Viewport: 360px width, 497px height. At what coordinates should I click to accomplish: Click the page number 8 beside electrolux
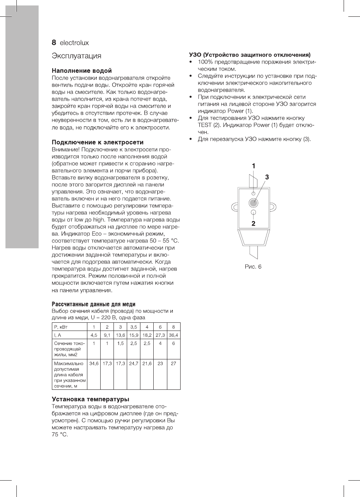pyautogui.click(x=55, y=42)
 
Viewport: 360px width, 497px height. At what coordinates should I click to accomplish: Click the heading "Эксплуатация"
pyautogui.click(x=77, y=56)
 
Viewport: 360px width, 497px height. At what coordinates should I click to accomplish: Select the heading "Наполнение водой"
pyautogui.click(x=82, y=71)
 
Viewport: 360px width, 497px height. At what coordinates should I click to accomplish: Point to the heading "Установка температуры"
pyautogui.click(x=90, y=399)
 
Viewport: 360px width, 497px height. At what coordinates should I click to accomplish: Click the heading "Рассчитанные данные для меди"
pyautogui.click(x=94, y=304)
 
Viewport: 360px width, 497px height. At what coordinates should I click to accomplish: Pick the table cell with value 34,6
pyautogui.click(x=94, y=363)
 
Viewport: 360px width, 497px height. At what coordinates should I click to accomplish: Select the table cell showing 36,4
pyautogui.click(x=174, y=334)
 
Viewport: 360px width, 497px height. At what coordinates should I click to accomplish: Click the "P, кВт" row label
pyautogui.click(x=60, y=327)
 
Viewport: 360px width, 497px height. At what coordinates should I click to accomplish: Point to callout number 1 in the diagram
pyautogui.click(x=254, y=166)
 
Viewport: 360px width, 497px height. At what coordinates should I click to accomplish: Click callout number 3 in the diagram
pyautogui.click(x=267, y=177)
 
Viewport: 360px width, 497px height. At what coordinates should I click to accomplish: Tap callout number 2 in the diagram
pyautogui.click(x=254, y=223)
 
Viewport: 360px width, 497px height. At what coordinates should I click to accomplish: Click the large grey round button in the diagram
pyautogui.click(x=253, y=202)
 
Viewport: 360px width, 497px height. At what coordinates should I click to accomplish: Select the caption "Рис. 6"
pyautogui.click(x=253, y=266)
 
